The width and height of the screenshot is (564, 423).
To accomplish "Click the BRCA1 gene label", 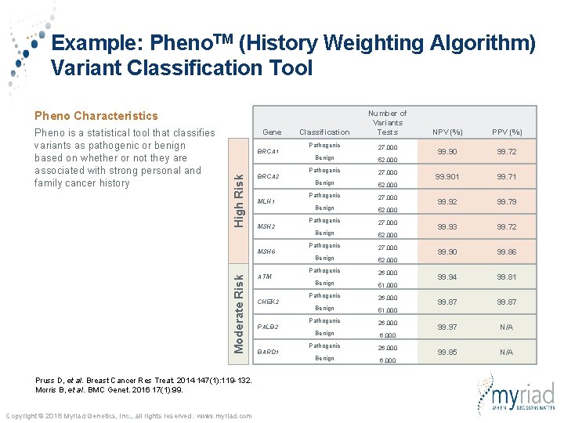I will [269, 151].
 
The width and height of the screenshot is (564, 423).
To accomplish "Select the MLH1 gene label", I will [267, 201].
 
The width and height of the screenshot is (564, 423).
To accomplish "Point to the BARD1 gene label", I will [269, 352].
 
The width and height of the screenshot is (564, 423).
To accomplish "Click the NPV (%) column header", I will [448, 132].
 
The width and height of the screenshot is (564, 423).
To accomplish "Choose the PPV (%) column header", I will [507, 132].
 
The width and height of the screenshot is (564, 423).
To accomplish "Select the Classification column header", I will [324, 132].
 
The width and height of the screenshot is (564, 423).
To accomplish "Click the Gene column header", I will [272, 132].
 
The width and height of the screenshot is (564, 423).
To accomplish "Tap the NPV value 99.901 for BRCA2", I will [448, 176].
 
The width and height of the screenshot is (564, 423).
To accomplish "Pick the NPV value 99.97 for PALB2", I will [448, 327].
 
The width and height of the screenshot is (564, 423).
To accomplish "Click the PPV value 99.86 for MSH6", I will [507, 251].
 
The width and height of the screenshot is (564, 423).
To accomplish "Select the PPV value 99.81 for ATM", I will [507, 277].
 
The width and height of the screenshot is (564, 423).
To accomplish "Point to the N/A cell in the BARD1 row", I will [507, 352].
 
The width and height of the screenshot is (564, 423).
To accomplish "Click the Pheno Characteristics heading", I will [96, 115].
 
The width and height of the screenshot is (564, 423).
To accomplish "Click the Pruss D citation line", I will [143, 380].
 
